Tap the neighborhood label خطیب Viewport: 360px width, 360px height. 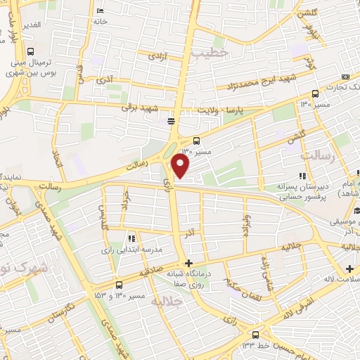[x=211, y=52]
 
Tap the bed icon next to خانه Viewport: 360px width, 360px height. [x=101, y=11]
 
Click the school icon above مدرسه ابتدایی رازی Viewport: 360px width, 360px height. [x=131, y=239]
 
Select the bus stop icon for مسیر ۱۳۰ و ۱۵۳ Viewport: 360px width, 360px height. [x=118, y=285]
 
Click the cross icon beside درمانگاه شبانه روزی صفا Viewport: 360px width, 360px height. [x=188, y=263]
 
